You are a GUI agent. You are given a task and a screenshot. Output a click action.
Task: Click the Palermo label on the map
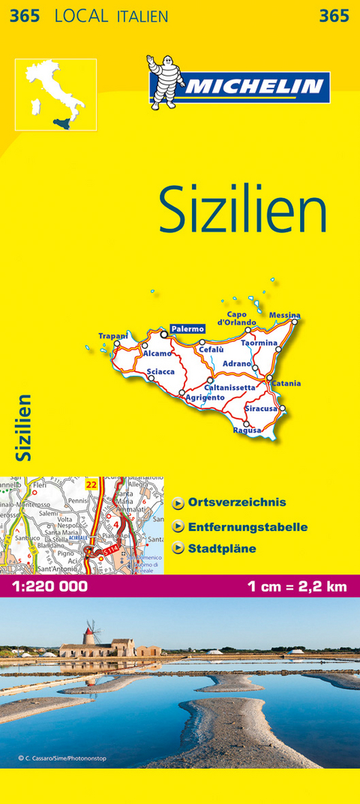(187, 328)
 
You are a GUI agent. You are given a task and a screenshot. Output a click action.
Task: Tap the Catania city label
(286, 384)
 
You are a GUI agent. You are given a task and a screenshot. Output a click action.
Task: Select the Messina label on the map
(284, 315)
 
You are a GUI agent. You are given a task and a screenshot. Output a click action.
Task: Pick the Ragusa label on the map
(247, 430)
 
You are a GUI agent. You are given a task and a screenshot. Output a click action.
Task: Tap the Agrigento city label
(205, 397)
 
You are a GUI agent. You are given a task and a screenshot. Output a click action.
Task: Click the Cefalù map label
(212, 349)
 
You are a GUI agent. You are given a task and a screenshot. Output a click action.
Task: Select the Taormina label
(259, 343)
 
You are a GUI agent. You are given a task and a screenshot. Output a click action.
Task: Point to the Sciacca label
(161, 371)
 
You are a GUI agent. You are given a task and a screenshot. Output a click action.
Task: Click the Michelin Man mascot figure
(162, 82)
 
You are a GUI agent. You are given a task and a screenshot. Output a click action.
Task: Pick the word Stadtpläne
(222, 548)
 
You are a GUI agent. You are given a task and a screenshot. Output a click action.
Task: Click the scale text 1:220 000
(49, 586)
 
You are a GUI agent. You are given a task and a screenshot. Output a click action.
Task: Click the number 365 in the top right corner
(334, 16)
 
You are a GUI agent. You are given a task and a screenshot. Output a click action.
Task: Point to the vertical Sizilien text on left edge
(25, 427)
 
